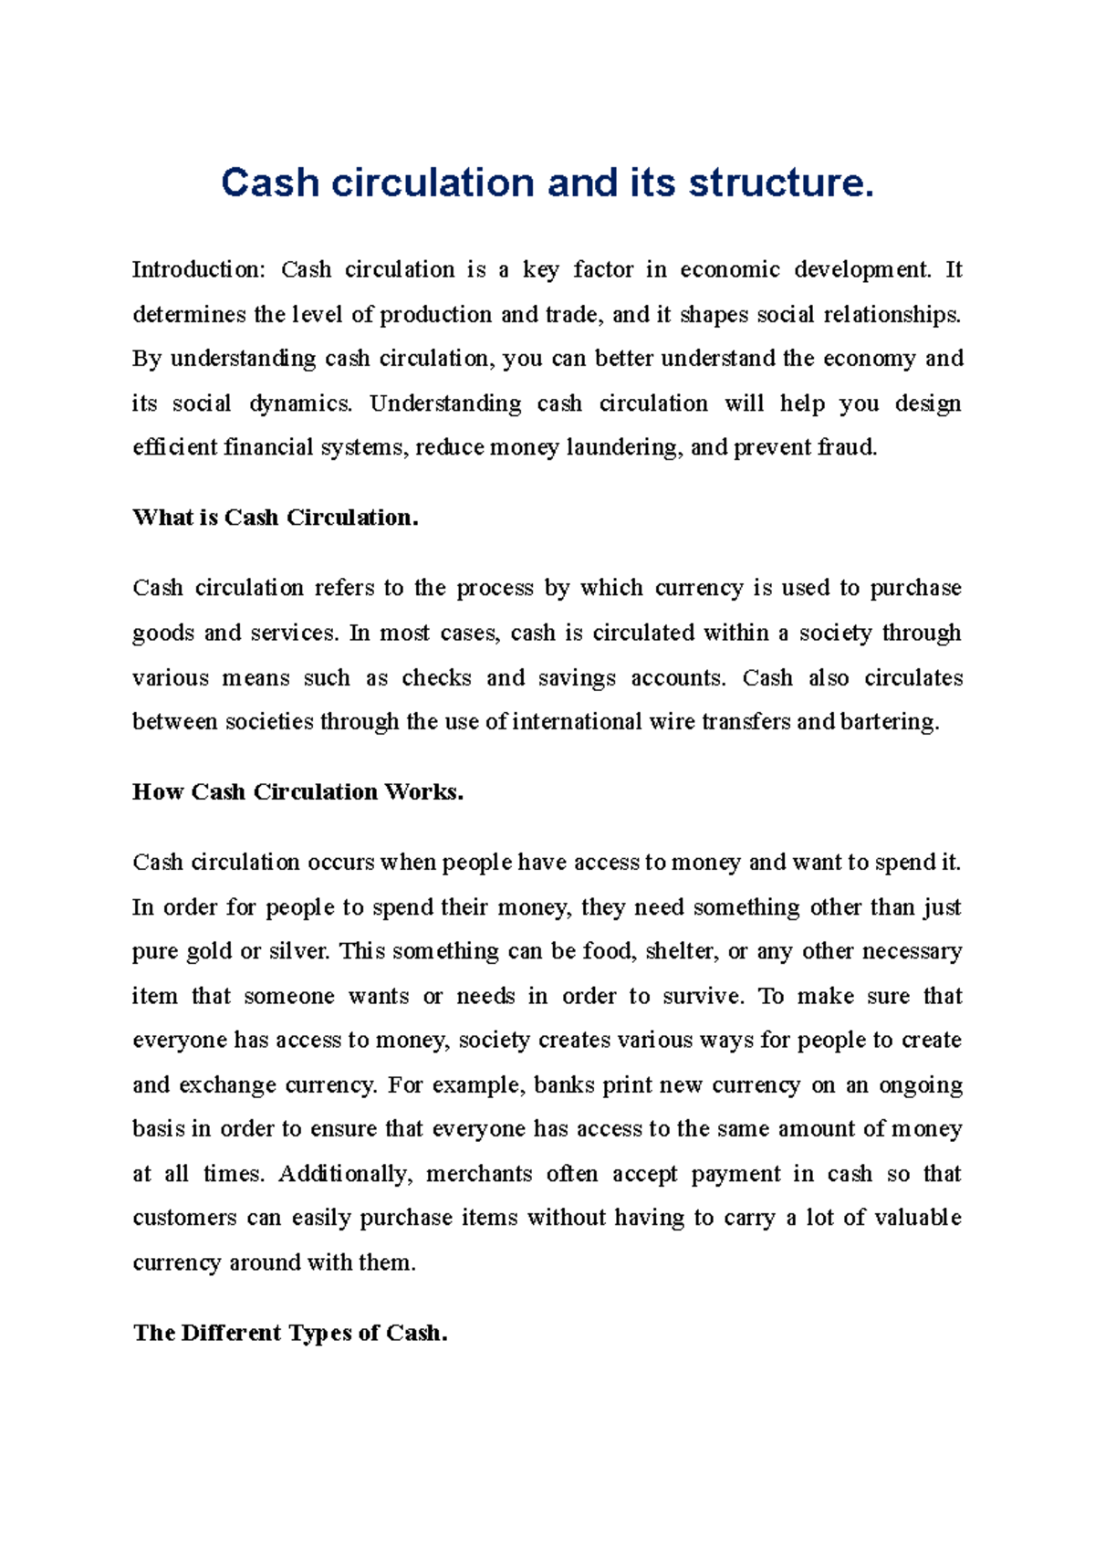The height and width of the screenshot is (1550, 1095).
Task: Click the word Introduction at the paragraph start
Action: click(197, 270)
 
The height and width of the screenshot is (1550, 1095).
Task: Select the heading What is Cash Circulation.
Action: click(275, 518)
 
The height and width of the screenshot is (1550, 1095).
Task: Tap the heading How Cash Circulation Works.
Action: click(297, 792)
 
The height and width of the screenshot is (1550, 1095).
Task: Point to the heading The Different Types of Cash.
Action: click(290, 1334)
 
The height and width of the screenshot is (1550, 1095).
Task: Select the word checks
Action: click(436, 678)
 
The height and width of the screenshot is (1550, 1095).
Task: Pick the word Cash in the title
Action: click(269, 183)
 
